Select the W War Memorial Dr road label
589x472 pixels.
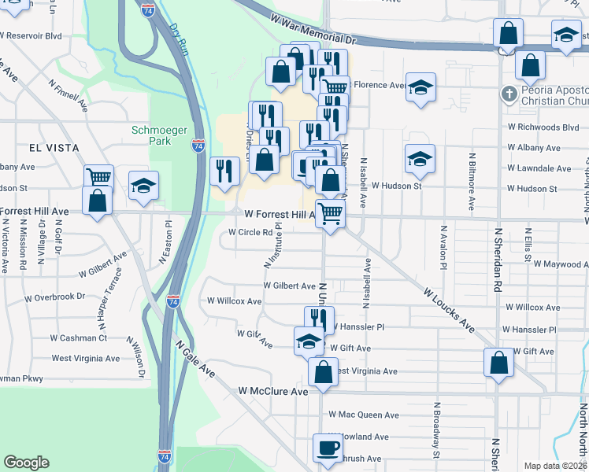click(313, 28)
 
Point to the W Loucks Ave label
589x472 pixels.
click(450, 309)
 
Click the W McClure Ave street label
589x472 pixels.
click(273, 391)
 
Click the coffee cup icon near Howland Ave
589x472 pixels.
click(328, 448)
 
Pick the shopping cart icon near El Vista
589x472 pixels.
click(98, 176)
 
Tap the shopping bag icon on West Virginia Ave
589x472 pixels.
click(323, 371)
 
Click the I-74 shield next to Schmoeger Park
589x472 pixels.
click(199, 146)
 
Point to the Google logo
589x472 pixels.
click(27, 463)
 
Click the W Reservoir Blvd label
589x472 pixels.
click(31, 35)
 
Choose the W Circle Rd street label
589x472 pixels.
click(250, 232)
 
